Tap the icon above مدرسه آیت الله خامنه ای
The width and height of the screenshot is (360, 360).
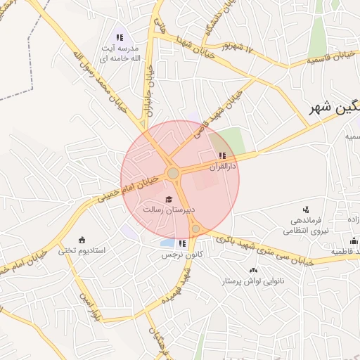coord(119,37)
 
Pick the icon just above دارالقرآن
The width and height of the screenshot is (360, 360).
coord(223,155)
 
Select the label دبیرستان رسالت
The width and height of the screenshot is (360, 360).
coord(168,210)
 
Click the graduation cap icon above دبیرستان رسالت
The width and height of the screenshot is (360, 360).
coord(168,199)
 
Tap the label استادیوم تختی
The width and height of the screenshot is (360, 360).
coord(81,250)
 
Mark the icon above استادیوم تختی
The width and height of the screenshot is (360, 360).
coord(82,239)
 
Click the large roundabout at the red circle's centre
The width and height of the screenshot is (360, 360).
coord(173,173)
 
